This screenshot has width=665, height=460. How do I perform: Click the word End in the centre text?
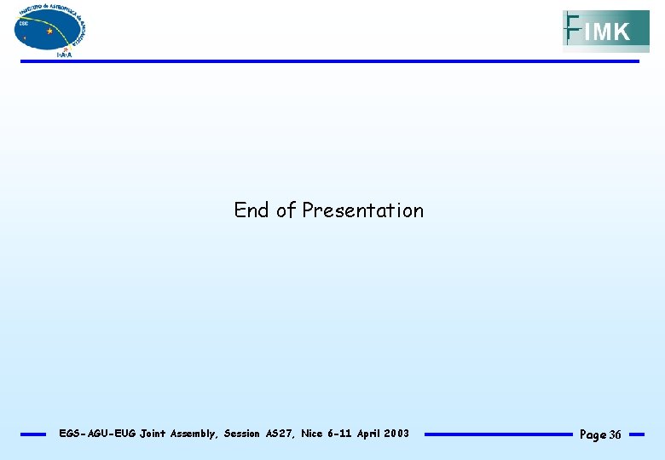(x=252, y=210)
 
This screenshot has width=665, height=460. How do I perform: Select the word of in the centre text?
(x=286, y=210)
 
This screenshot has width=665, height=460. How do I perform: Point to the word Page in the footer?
(x=593, y=435)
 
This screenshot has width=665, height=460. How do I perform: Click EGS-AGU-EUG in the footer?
(x=95, y=434)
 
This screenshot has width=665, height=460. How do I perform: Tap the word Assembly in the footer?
(x=195, y=434)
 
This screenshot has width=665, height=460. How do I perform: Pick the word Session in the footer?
(x=242, y=434)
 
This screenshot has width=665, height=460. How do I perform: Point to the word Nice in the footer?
(x=312, y=434)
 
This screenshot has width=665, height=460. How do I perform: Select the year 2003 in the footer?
(x=396, y=434)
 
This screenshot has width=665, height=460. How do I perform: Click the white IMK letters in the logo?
(x=608, y=33)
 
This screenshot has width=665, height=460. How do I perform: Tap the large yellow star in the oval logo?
(x=49, y=31)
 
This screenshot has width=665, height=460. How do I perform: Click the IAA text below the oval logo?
(x=64, y=55)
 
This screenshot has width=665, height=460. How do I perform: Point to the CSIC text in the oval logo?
(x=23, y=24)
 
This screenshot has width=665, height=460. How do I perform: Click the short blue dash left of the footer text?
(x=33, y=434)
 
